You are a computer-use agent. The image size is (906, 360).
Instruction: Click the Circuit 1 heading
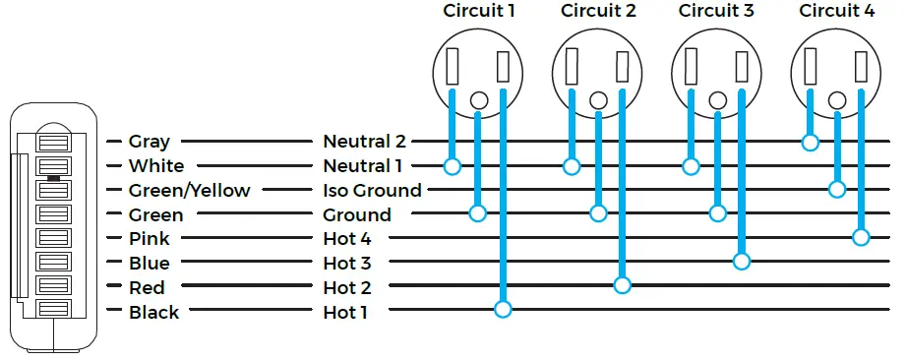pos(478,12)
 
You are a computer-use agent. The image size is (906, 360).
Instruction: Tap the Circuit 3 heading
pos(716,12)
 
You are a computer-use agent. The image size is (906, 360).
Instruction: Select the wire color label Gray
pos(149,142)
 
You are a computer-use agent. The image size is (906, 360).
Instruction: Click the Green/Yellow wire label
pos(189,190)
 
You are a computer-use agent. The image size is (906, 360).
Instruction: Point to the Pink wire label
pos(149,238)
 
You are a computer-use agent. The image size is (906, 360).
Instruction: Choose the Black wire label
pos(154,312)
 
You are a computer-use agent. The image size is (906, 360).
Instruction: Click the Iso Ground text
pos(372,190)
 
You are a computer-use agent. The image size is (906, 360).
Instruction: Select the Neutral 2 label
pos(364,142)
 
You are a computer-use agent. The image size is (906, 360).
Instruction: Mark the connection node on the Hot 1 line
pos(503,310)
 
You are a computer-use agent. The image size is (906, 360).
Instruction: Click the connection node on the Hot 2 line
pos(622,285)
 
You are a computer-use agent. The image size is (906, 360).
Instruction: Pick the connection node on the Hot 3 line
pos(741,262)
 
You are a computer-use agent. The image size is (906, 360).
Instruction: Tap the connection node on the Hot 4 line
pos(861,237)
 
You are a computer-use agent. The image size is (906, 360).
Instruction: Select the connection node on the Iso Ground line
pos(837,189)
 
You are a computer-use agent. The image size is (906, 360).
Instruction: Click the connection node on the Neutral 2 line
pos(810,143)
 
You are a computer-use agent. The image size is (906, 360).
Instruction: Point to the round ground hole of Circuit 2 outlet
pos(597,99)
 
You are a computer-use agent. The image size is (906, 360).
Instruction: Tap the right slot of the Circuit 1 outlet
pos(503,67)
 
